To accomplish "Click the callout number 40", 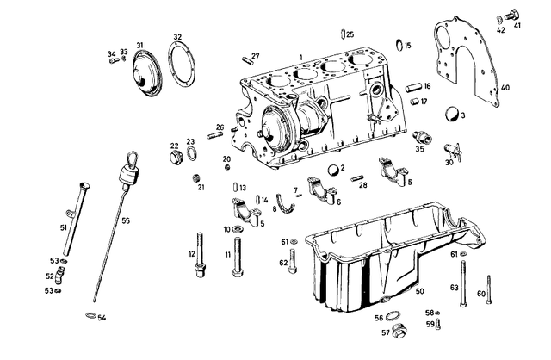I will pos(505,88).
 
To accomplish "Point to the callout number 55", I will pos(126,221).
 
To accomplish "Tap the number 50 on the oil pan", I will pos(419,291).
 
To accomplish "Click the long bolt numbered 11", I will pos(235,258).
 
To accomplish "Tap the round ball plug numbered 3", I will pos(450,115).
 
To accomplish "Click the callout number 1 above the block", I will pos(301,56).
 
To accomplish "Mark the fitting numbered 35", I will pos(421,137).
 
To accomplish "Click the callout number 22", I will pos(174,146).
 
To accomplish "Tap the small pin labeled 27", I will pos(251,59).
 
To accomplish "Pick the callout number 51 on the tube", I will pos(63,227).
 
